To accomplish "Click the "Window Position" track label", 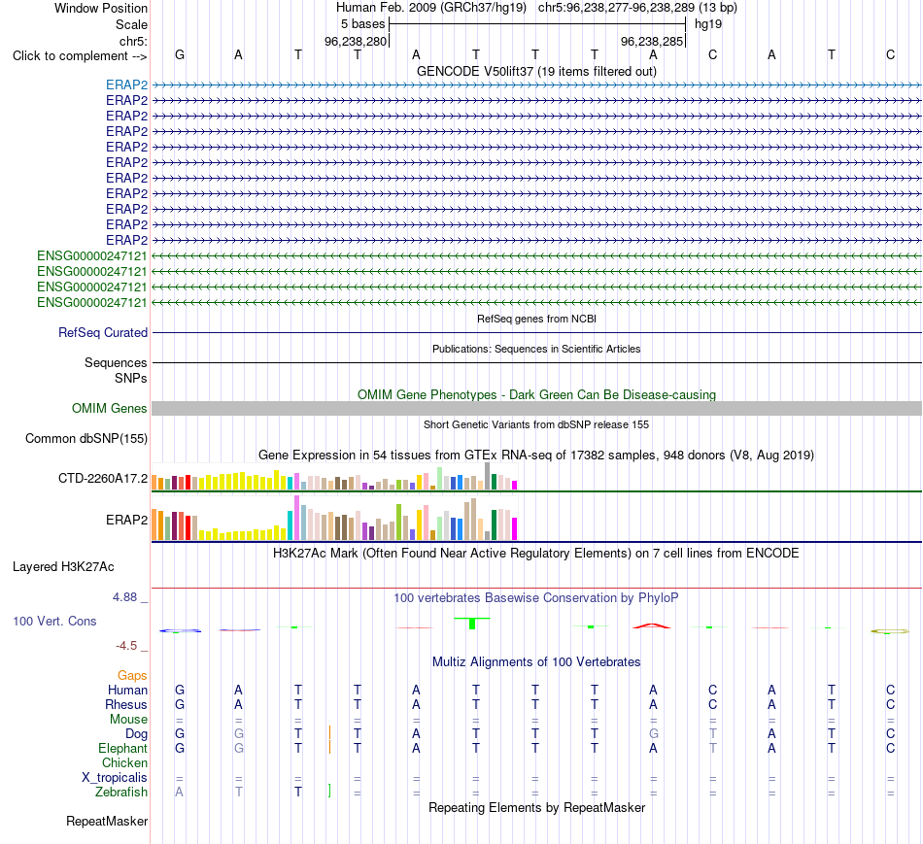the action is point(101,8).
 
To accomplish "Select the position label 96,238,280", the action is point(356,41).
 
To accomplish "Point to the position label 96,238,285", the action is point(652,41).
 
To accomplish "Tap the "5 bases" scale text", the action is point(362,24).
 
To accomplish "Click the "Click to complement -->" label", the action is point(80,56).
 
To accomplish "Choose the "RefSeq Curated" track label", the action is point(103,332).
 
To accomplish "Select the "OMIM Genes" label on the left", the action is point(110,409).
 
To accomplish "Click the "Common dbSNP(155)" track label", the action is point(86,438).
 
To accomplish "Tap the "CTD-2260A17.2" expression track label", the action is point(103,479).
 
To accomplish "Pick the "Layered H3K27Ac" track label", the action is point(63,567).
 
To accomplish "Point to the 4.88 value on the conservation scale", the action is point(124,597).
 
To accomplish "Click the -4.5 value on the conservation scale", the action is point(126,646).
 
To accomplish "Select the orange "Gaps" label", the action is point(132,676).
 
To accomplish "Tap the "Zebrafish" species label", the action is point(121,793).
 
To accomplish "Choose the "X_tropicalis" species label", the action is point(115,778).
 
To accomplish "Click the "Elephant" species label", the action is point(122,749).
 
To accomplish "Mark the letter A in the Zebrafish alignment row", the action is point(179,793).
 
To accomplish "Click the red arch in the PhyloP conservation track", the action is point(652,625).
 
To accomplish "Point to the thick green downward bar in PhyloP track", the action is point(472,624).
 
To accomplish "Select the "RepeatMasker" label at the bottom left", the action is point(107,822).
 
